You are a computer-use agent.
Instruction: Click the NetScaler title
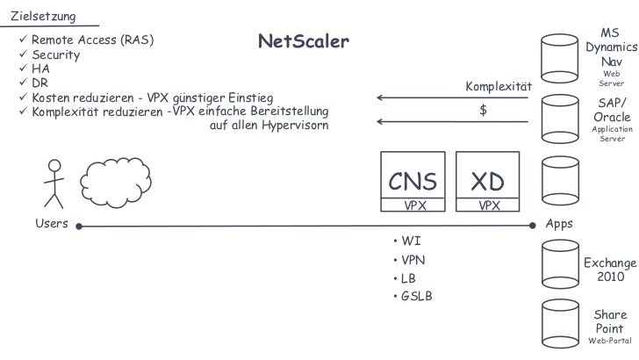(303, 42)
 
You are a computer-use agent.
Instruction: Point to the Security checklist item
(55, 54)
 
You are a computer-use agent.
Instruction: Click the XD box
(488, 182)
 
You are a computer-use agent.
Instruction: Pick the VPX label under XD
(488, 205)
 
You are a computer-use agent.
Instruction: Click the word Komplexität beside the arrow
(499, 87)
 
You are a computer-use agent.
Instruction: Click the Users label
(51, 224)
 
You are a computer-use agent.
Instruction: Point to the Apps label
(559, 224)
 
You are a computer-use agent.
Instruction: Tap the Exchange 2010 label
(609, 270)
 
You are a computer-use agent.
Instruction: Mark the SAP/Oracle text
(611, 110)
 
